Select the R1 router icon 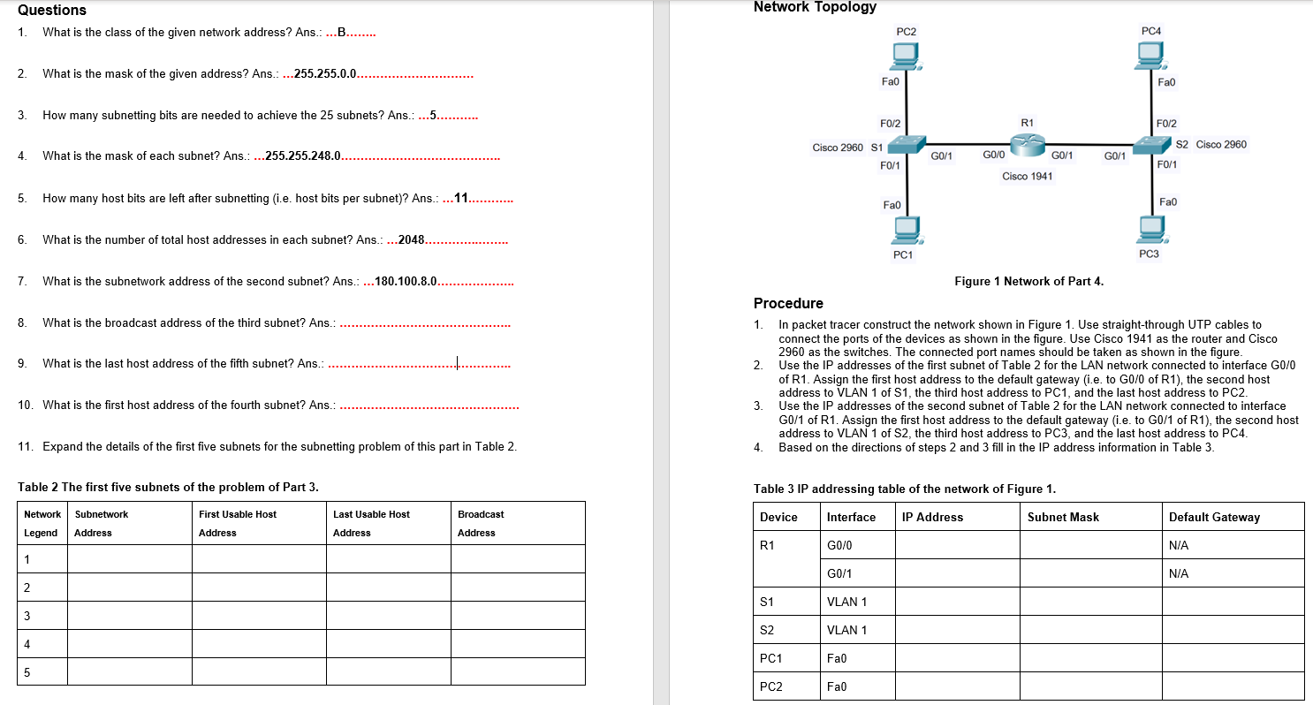(1026, 142)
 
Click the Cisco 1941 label (1027, 177)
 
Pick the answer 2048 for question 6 (412, 240)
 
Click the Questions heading (52, 11)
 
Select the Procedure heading (788, 304)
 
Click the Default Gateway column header (1214, 517)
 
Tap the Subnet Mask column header (1063, 517)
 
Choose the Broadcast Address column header (481, 523)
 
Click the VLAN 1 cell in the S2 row (846, 630)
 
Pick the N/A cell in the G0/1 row (1179, 573)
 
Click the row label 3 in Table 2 (27, 615)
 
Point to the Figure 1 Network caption (1028, 282)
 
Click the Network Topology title (815, 7)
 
